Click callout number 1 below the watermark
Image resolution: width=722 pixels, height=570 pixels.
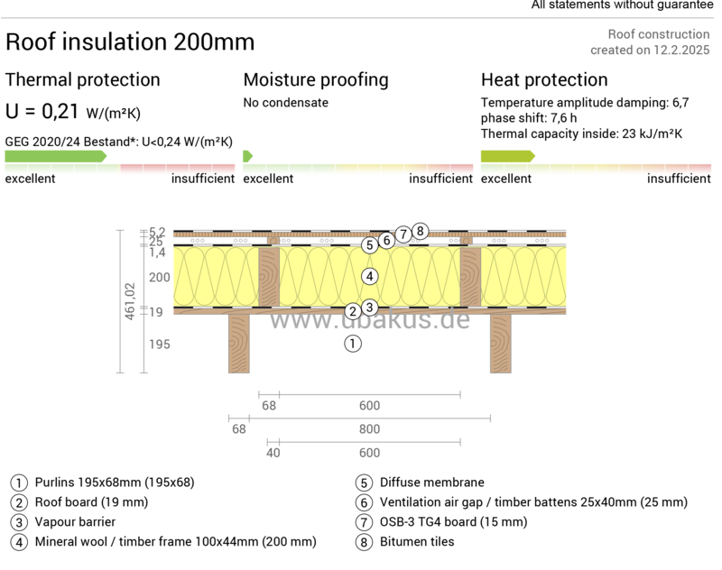(x=353, y=344)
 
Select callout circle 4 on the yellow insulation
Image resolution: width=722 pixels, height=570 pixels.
(x=369, y=276)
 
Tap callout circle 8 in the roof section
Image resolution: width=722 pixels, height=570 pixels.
(x=420, y=231)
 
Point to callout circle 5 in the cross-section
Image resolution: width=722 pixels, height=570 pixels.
(x=369, y=244)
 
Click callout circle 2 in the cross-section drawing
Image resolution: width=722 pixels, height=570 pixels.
(x=353, y=311)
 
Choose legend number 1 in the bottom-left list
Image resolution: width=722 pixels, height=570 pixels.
(x=18, y=483)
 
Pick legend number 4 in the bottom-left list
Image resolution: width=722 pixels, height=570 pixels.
(x=18, y=543)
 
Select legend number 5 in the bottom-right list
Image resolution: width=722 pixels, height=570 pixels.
(x=364, y=483)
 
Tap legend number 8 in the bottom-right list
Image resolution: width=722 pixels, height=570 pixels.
(x=364, y=543)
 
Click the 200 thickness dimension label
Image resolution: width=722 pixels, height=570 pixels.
(x=159, y=278)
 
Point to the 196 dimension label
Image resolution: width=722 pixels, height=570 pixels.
(x=159, y=345)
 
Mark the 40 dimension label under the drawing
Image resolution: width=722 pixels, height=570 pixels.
(x=273, y=454)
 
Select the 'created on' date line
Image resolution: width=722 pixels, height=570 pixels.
(x=650, y=51)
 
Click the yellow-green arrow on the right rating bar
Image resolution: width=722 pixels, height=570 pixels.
(x=508, y=155)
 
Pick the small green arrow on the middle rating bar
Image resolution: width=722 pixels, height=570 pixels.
(x=247, y=155)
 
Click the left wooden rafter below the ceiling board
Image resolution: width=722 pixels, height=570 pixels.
(x=238, y=344)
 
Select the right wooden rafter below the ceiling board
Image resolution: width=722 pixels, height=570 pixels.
(x=501, y=344)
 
